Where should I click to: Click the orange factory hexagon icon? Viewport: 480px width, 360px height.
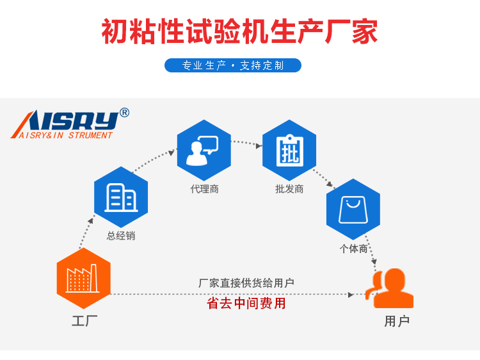83,279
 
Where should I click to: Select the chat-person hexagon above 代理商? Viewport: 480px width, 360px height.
204,151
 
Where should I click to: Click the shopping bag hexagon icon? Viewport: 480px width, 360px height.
353,209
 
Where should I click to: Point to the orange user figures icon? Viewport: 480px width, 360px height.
390,289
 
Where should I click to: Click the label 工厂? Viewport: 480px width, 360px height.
84,322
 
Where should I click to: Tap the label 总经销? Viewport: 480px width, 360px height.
121,236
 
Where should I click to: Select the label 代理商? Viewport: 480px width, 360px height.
204,190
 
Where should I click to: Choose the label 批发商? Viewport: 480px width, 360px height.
289,190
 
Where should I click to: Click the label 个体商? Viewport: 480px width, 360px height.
353,249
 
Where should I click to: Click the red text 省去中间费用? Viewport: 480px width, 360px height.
246,304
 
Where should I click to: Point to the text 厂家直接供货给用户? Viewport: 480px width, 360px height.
246,282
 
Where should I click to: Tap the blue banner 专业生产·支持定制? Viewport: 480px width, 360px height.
233,65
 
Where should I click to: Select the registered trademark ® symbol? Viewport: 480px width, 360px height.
124,113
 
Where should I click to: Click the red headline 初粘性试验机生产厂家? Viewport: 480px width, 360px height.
239,31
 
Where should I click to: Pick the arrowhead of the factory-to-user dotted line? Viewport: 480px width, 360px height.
351,295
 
